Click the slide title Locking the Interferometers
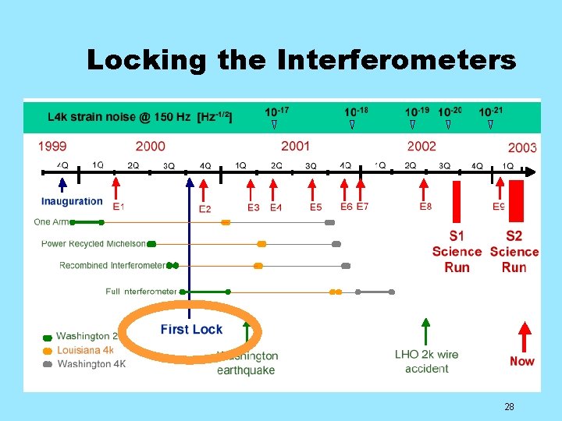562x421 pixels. click(x=301, y=60)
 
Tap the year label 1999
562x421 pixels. click(x=52, y=146)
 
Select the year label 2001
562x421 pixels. click(x=295, y=146)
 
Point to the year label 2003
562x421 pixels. click(x=522, y=147)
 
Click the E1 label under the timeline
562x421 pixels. click(x=119, y=207)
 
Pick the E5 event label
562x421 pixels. click(x=315, y=207)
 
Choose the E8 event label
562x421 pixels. click(x=425, y=207)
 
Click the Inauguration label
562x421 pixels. click(x=72, y=201)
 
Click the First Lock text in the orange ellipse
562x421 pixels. click(x=191, y=329)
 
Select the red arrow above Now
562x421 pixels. click(x=524, y=335)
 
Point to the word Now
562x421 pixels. click(x=522, y=361)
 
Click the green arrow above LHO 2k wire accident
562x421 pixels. click(x=425, y=331)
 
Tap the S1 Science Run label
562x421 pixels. click(x=457, y=251)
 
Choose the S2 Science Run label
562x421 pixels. click(x=514, y=251)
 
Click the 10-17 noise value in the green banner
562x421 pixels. click(x=276, y=111)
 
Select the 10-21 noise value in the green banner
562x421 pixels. click(x=490, y=111)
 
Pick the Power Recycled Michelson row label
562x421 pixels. click(x=94, y=244)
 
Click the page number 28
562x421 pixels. click(x=509, y=406)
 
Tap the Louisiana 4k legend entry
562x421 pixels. click(x=84, y=350)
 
